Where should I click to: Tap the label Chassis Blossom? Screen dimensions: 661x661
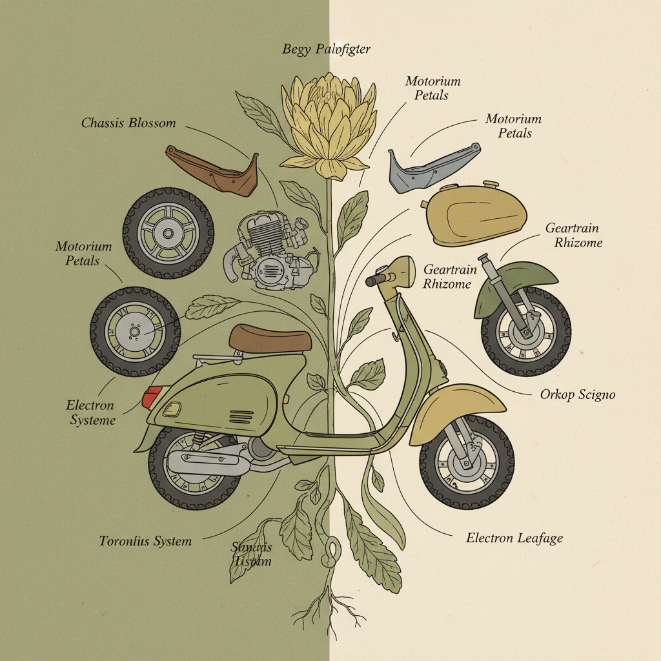point(128,123)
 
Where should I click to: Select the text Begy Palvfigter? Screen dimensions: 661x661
point(327,49)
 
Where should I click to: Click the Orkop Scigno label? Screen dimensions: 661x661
point(577,394)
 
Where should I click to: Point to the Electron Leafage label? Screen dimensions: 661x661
point(514,538)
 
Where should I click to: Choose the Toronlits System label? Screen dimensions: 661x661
point(145,541)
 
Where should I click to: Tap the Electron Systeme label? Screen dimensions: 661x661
point(91,413)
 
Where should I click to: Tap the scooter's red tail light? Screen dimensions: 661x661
point(152,396)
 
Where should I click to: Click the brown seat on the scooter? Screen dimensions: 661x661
point(269,338)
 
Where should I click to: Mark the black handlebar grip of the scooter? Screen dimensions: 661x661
point(375,281)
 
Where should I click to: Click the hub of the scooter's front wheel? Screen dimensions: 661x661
point(465,464)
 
